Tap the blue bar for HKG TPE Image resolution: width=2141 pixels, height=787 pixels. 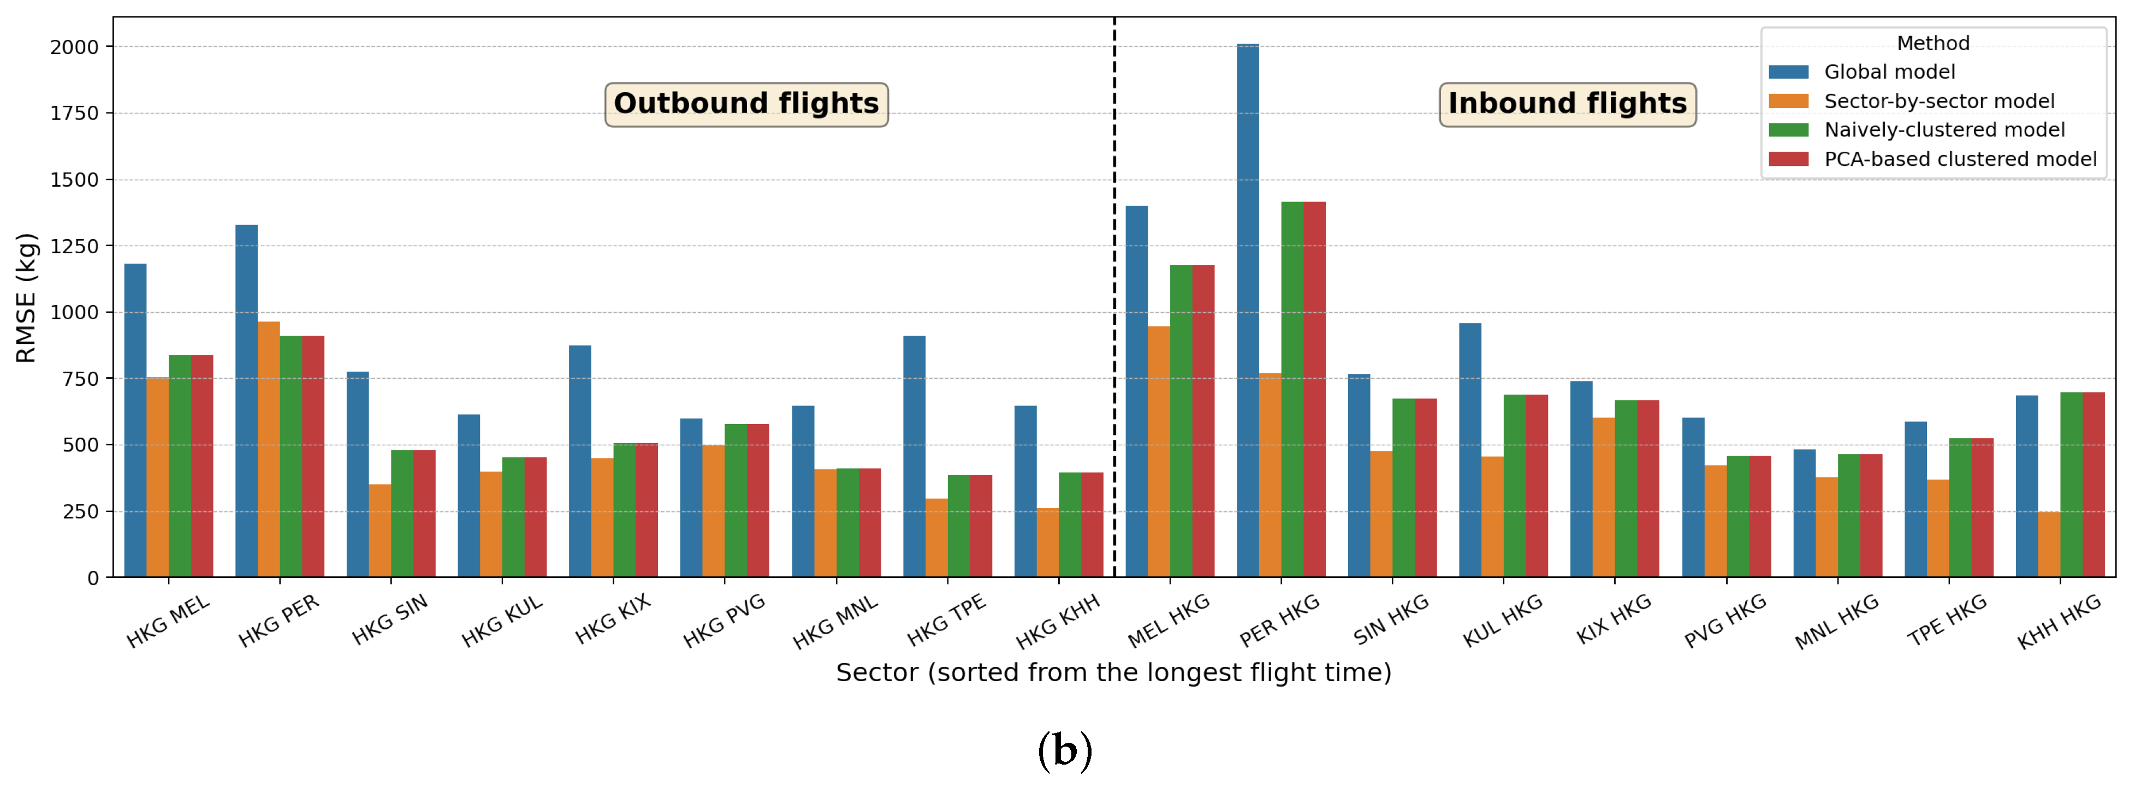[x=914, y=456]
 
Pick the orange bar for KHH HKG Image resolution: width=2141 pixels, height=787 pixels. [x=2049, y=544]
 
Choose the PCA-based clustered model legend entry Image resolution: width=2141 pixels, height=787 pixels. [x=1959, y=159]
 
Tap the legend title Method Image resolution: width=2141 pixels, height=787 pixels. [x=1932, y=43]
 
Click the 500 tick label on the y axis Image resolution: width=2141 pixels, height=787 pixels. [x=81, y=445]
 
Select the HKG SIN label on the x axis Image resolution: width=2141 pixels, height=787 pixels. [x=390, y=620]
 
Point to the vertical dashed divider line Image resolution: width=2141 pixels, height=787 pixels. [x=1114, y=332]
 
